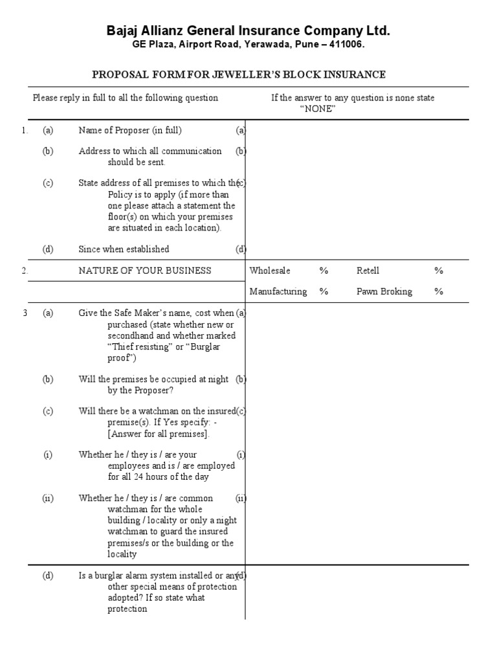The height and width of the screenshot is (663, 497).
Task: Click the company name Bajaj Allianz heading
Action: point(248,30)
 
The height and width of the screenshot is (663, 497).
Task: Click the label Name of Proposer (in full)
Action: point(130,130)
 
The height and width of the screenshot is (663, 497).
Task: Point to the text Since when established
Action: point(124,249)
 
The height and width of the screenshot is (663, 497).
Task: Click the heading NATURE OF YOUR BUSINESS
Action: point(144,271)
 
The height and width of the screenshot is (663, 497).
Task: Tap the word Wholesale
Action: point(270,271)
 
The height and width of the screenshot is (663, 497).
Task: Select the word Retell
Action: point(368,271)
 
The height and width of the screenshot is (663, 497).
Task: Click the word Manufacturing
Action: point(278,291)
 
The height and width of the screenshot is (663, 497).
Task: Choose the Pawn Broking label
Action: point(384,291)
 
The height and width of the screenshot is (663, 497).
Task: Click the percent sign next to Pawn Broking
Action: point(439,291)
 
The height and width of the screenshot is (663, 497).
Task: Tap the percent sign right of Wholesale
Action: point(324,271)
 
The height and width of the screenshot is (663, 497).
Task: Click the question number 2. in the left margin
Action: point(25,271)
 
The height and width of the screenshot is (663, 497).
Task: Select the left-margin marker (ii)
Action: point(48,499)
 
